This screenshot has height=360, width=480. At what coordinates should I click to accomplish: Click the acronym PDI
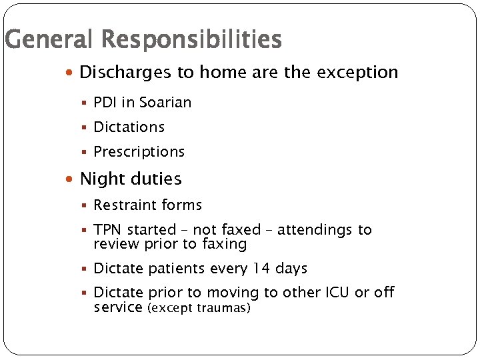pyautogui.click(x=106, y=103)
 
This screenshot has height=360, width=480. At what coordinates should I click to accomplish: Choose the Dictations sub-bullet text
pyautogui.click(x=129, y=127)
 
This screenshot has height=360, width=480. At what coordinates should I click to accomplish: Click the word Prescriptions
pyautogui.click(x=139, y=152)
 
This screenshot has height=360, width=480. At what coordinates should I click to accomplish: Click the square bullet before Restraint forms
pyautogui.click(x=86, y=205)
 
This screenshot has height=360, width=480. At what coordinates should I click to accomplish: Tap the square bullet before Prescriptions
pyautogui.click(x=86, y=152)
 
